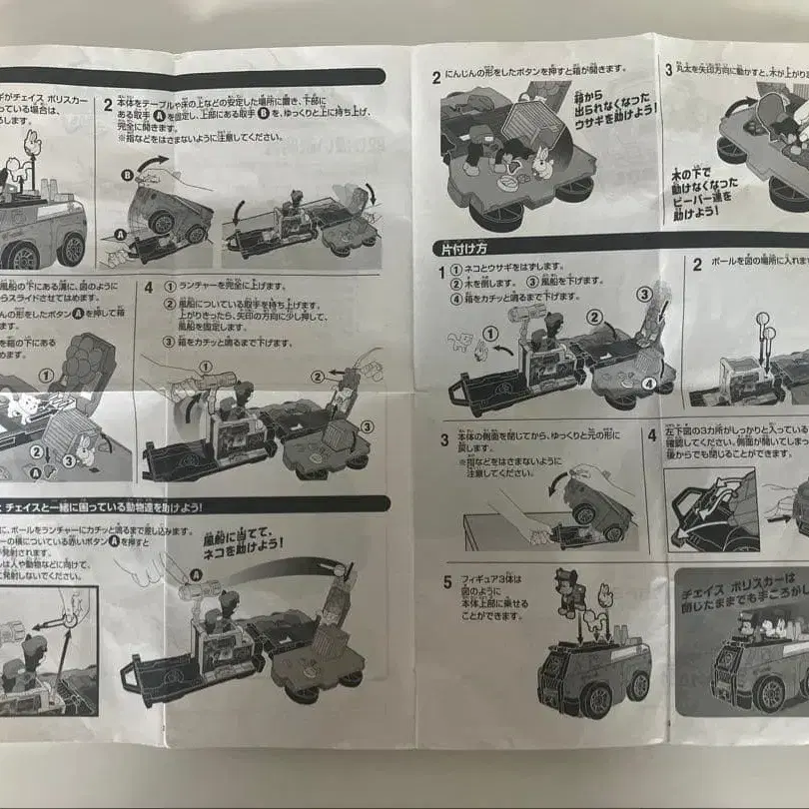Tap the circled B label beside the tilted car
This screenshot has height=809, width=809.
click(127, 175)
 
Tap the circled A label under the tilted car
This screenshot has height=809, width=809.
click(120, 233)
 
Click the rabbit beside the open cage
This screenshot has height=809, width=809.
click(540, 160)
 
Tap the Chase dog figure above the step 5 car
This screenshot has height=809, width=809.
click(571, 591)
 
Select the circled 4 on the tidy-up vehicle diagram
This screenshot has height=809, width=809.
click(647, 382)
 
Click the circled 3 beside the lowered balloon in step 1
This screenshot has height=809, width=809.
click(646, 293)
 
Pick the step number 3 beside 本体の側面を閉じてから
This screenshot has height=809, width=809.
click(444, 440)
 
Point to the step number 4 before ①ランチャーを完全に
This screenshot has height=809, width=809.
click(148, 286)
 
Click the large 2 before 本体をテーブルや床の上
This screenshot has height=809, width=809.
click(108, 104)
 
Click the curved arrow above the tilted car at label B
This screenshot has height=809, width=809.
click(150, 162)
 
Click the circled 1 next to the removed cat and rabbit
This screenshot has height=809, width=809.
click(490, 333)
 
